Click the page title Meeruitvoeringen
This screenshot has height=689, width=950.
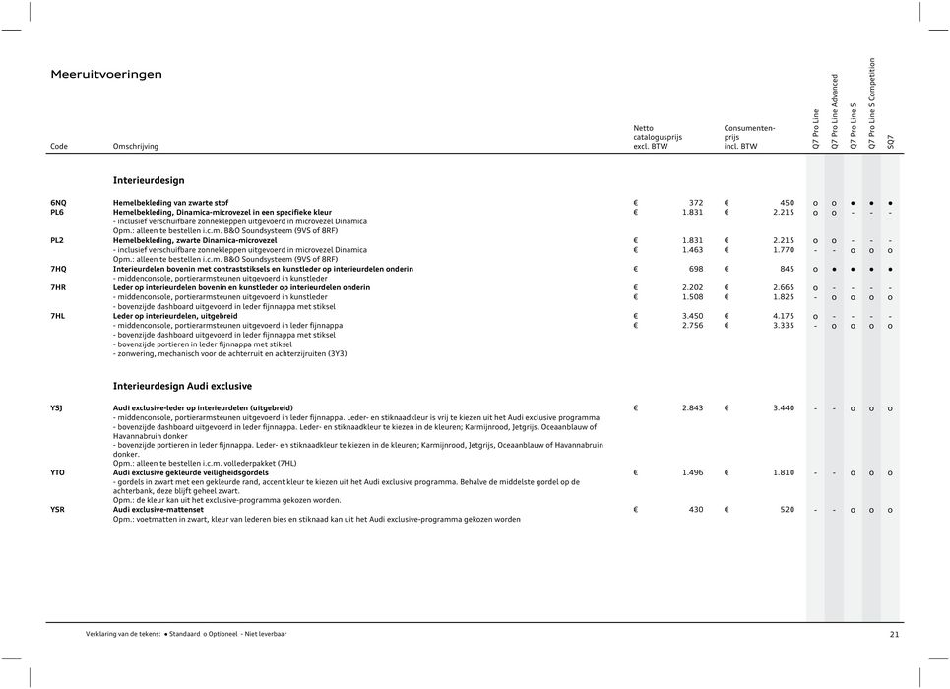[x=106, y=75]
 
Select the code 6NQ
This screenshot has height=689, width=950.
[x=59, y=202]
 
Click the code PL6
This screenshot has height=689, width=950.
[x=58, y=212]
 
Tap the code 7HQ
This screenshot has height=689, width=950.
[x=59, y=268]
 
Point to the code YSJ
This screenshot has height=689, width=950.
[x=57, y=407]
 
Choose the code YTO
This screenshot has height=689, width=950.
[x=58, y=472]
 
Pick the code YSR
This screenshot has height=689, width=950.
[x=58, y=510]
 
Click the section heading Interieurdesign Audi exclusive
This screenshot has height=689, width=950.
[x=182, y=386]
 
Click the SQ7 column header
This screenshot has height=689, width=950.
[x=891, y=142]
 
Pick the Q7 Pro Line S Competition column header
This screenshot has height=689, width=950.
[x=872, y=103]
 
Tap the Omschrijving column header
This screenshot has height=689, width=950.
[x=135, y=147]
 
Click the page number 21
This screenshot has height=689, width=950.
[x=894, y=635]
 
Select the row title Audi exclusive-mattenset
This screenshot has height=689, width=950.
[x=158, y=510]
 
